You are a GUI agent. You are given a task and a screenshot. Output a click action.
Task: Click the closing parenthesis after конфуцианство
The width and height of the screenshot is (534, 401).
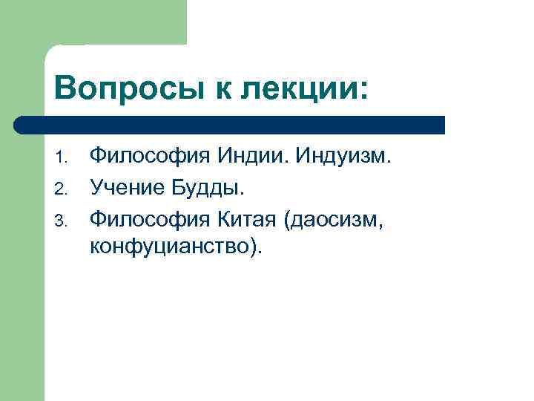[x=255, y=247]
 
